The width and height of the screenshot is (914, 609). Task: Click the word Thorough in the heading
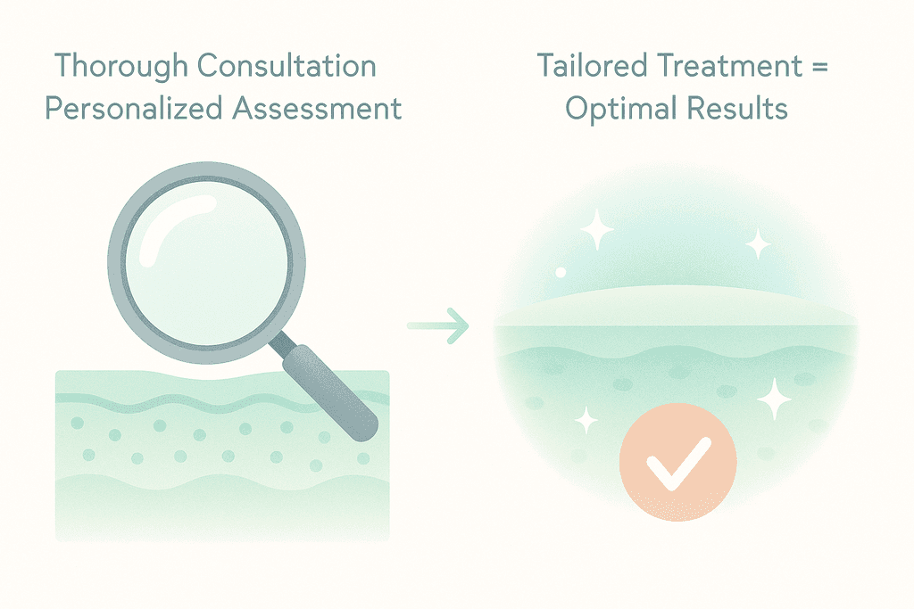(120, 67)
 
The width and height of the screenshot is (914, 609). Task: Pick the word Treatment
(731, 67)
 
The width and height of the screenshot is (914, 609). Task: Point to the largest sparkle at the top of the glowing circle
(597, 231)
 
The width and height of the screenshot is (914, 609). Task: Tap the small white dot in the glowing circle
(561, 271)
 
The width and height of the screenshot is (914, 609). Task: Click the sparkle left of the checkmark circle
(586, 418)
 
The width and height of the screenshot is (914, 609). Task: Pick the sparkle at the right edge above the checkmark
(774, 398)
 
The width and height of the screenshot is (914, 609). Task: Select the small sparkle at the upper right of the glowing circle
(758, 243)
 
